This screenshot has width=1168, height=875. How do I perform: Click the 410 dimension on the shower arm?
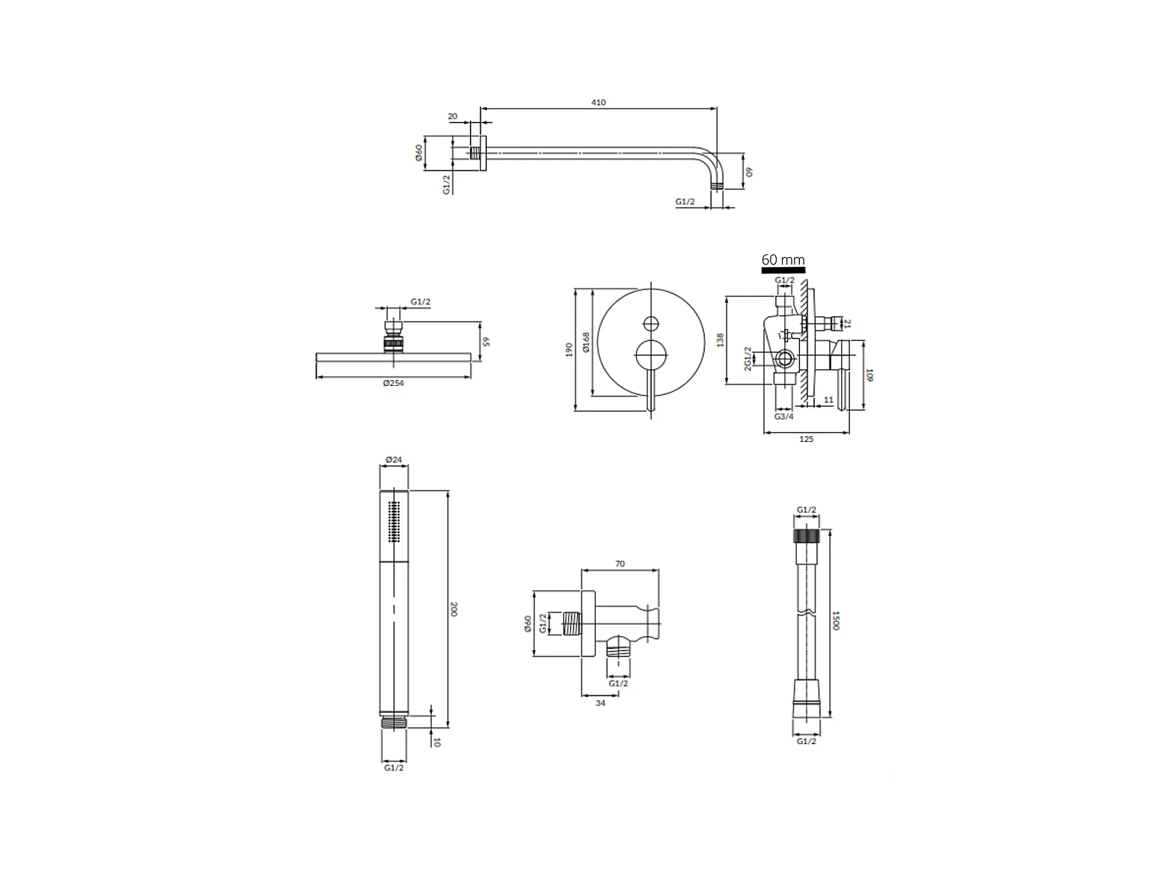(598, 102)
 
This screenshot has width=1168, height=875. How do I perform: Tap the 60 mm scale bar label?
(783, 260)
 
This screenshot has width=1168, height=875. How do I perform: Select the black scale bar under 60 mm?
(783, 270)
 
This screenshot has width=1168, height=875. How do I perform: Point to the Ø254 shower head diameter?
(394, 383)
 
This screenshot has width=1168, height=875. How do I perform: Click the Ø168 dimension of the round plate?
(586, 343)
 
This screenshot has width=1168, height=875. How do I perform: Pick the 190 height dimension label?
(569, 349)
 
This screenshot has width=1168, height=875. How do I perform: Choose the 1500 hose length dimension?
(836, 621)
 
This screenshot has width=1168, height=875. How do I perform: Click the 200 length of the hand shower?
(453, 610)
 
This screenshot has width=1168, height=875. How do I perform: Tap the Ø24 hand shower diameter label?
(394, 460)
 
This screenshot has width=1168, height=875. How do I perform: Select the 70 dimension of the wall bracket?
(620, 564)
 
